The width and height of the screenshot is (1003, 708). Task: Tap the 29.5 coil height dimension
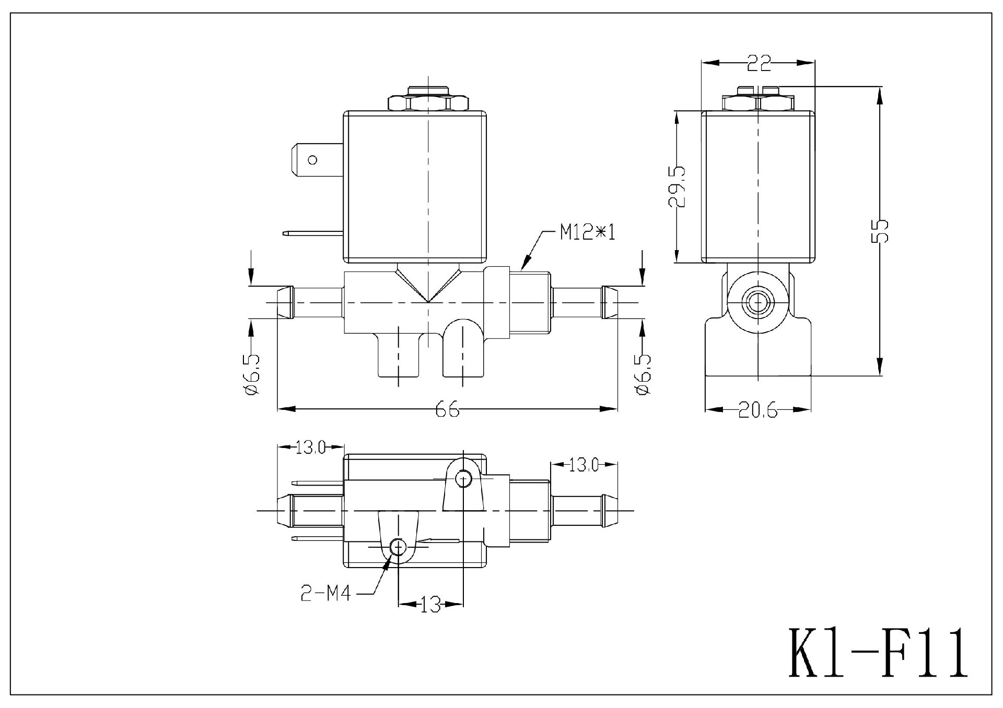tap(678, 187)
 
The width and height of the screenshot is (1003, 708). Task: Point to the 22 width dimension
tap(759, 64)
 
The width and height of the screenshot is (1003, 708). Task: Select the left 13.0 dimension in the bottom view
tap(310, 447)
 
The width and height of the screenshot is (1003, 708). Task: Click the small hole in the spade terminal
tap(312, 160)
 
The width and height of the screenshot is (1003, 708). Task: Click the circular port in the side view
tap(757, 302)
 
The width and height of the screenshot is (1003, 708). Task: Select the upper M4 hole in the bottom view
tap(463, 478)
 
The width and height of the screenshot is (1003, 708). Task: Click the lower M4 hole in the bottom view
tap(398, 547)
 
